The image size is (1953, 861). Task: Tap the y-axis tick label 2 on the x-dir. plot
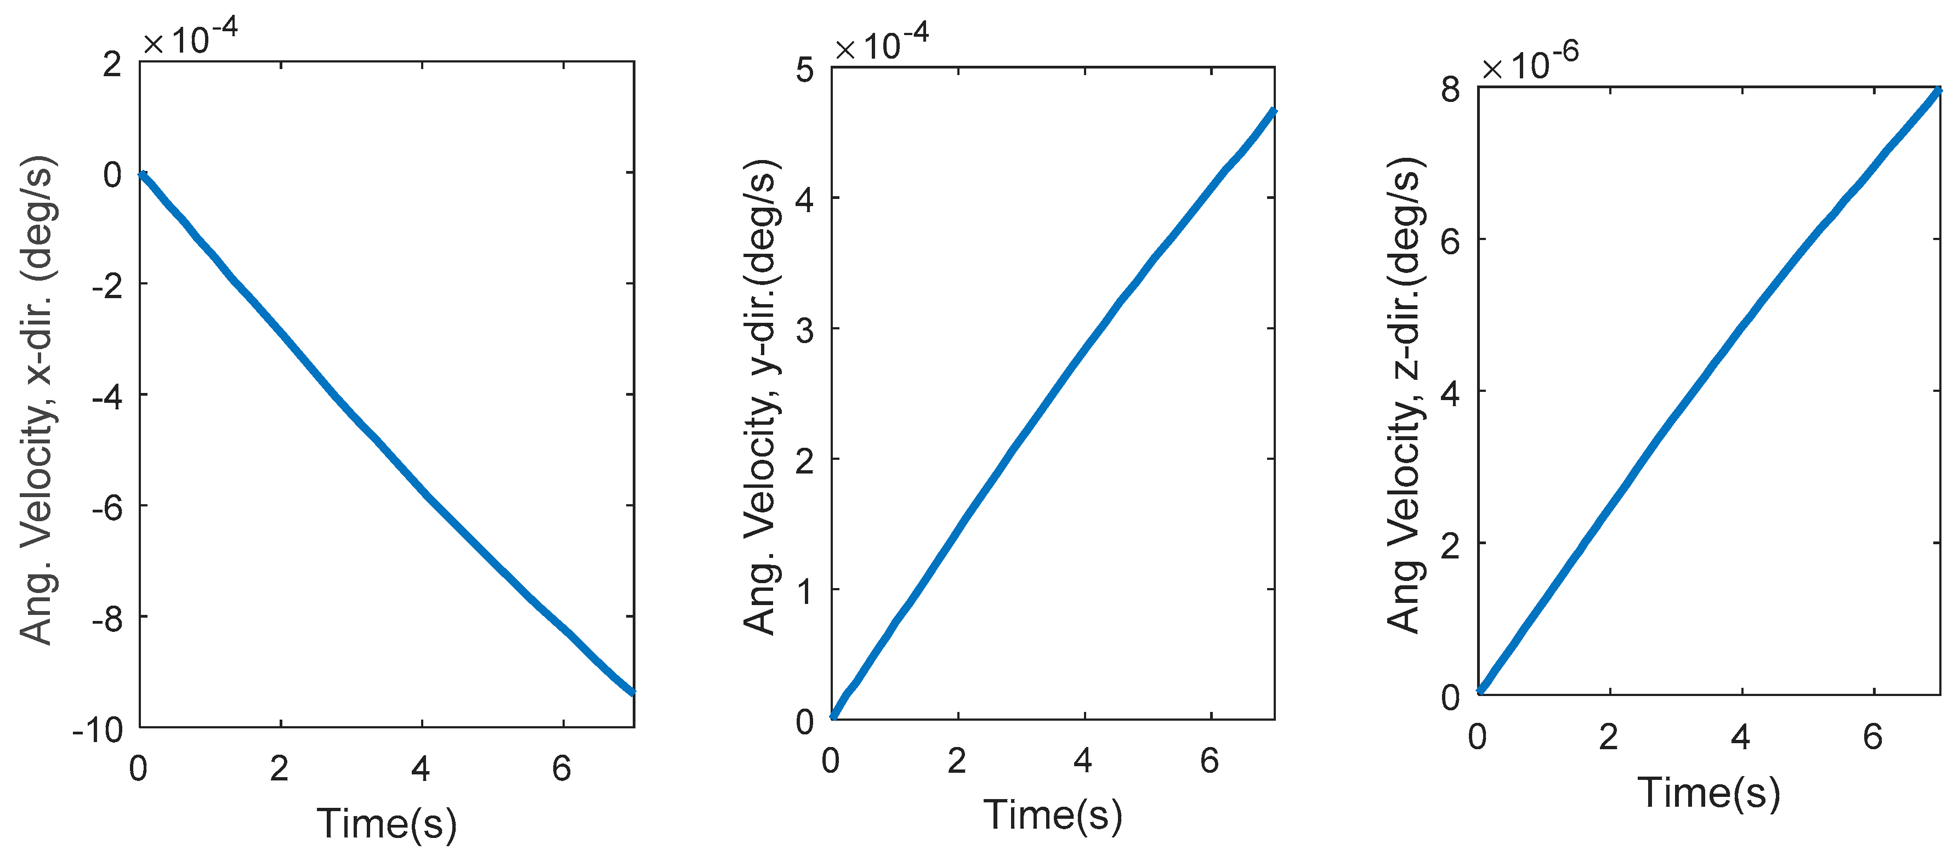pyautogui.click(x=112, y=65)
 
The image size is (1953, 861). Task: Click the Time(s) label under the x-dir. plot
pyautogui.click(x=387, y=824)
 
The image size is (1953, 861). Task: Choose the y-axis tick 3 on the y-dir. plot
pyautogui.click(x=804, y=330)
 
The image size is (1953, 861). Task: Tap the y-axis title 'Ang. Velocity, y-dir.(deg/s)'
pyautogui.click(x=760, y=397)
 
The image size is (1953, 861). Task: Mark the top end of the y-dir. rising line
pyautogui.click(x=1273, y=113)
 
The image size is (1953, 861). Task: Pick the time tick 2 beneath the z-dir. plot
pyautogui.click(x=1608, y=737)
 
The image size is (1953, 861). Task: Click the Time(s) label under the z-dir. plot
pyautogui.click(x=1709, y=794)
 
